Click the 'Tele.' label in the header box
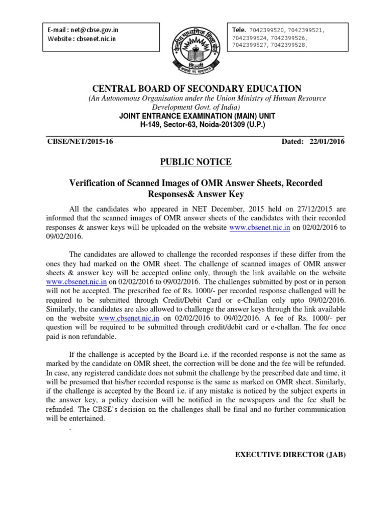(x=239, y=30)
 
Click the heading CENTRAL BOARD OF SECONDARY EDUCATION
(x=197, y=89)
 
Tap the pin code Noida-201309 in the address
(x=222, y=124)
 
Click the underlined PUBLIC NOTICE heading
(x=196, y=162)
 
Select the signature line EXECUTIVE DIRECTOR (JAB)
(x=290, y=454)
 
